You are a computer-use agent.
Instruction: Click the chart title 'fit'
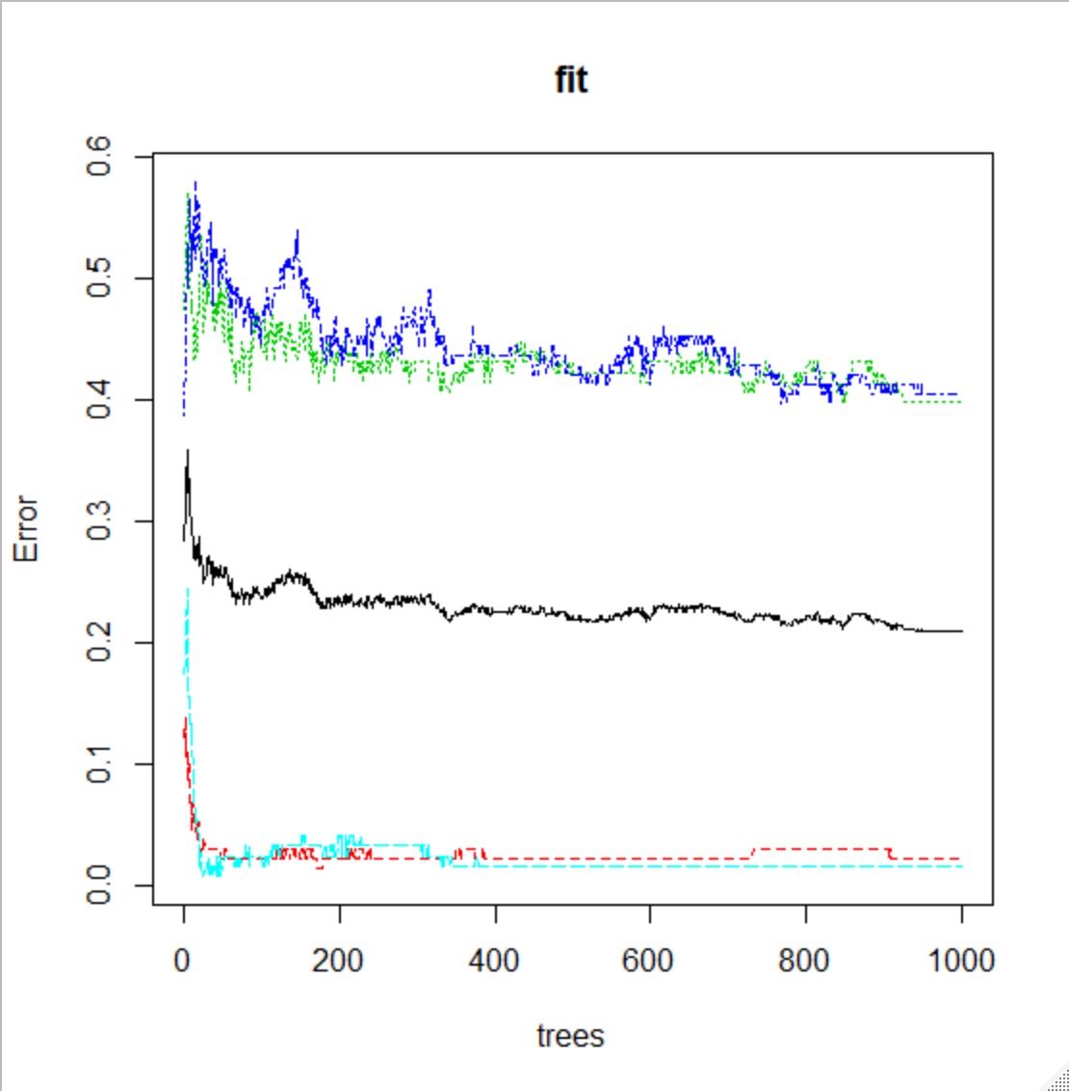[x=571, y=80]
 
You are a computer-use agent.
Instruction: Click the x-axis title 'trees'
[x=570, y=1036]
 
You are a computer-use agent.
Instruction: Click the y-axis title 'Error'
[x=26, y=529]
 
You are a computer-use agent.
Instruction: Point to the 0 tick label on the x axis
[x=183, y=960]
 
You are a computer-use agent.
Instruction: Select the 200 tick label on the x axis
[x=338, y=960]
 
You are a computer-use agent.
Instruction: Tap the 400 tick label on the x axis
[x=494, y=960]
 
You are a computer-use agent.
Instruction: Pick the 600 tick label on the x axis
[x=649, y=960]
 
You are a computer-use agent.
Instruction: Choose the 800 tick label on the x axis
[x=805, y=960]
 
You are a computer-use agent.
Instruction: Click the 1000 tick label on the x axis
[x=960, y=960]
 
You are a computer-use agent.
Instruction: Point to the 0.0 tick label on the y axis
[x=99, y=885]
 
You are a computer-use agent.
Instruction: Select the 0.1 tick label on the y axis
[x=99, y=763]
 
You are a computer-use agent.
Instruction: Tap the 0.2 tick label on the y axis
[x=99, y=642]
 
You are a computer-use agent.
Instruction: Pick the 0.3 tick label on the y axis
[x=99, y=521]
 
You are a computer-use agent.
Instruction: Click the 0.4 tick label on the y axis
[x=99, y=400]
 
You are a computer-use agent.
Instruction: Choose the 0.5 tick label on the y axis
[x=99, y=279]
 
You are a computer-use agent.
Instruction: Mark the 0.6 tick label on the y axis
[x=99, y=157]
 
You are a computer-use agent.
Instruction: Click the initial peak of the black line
[x=187, y=450]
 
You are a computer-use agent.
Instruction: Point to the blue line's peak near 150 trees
[x=298, y=231]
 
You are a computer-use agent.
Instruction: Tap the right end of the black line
[x=961, y=631]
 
